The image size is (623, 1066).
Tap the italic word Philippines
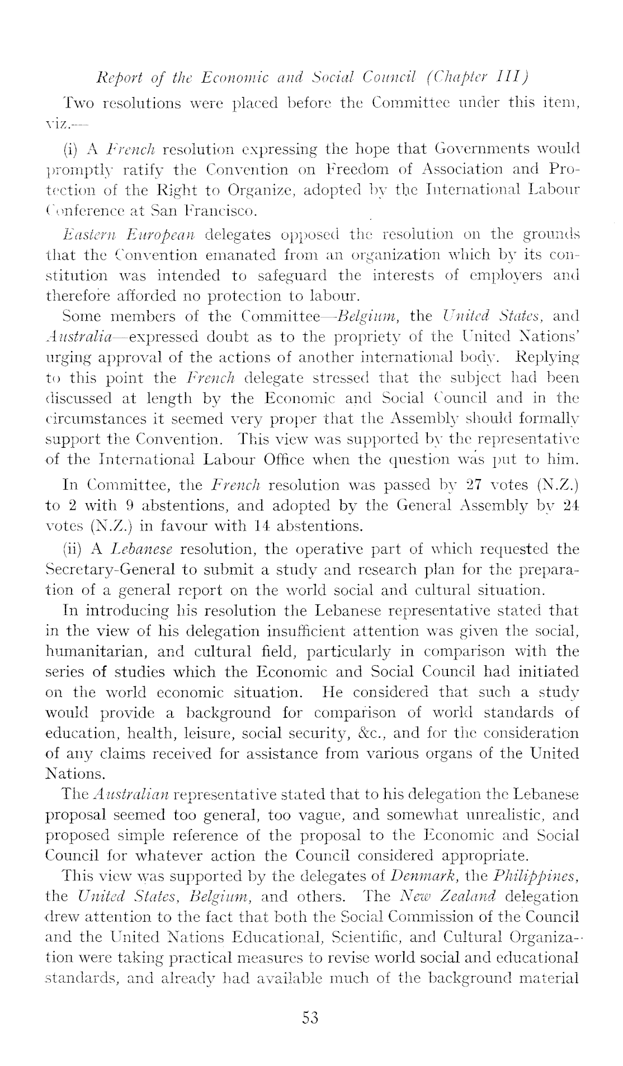click(543, 875)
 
